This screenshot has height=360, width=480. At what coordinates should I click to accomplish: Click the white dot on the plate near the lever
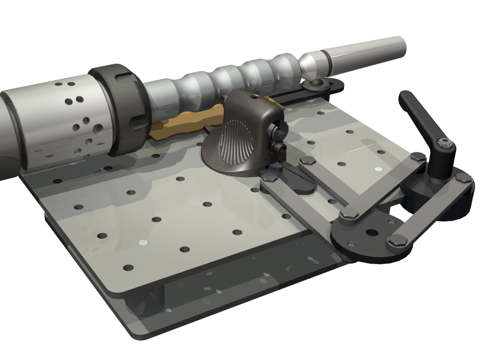point(378,169)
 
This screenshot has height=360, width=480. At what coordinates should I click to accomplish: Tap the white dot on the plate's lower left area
point(142,242)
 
